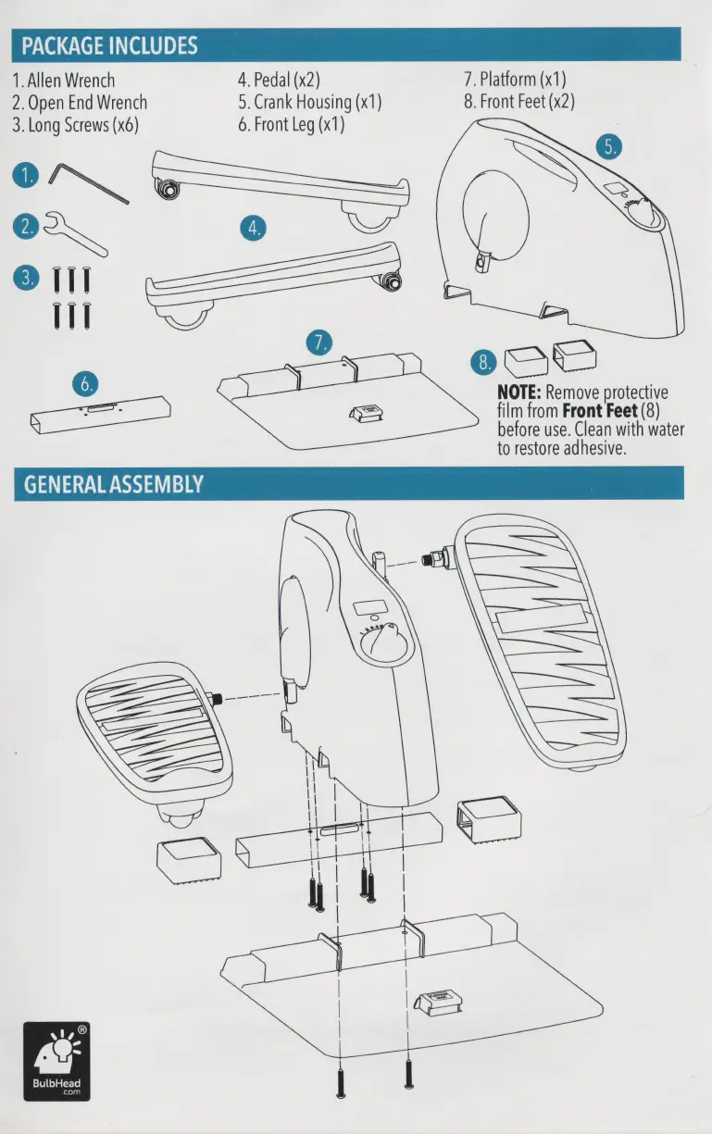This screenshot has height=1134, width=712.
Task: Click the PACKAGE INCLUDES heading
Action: pos(109,44)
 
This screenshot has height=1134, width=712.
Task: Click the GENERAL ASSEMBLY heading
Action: pos(109,484)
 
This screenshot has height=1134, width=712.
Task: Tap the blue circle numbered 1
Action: pos(27,174)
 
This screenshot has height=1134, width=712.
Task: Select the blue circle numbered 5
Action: pos(609,146)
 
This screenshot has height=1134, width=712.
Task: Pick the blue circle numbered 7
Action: pos(319,343)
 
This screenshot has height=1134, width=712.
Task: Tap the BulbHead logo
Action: pos(57,1059)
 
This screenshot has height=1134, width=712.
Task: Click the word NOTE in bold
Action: pos(519,393)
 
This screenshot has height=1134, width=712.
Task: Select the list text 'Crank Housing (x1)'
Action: pos(309,102)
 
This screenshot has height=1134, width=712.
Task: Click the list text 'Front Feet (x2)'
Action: pos(518,102)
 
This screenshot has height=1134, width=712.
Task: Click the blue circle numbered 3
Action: pos(27,277)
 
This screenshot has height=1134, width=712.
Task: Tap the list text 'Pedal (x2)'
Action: pos(280,80)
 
